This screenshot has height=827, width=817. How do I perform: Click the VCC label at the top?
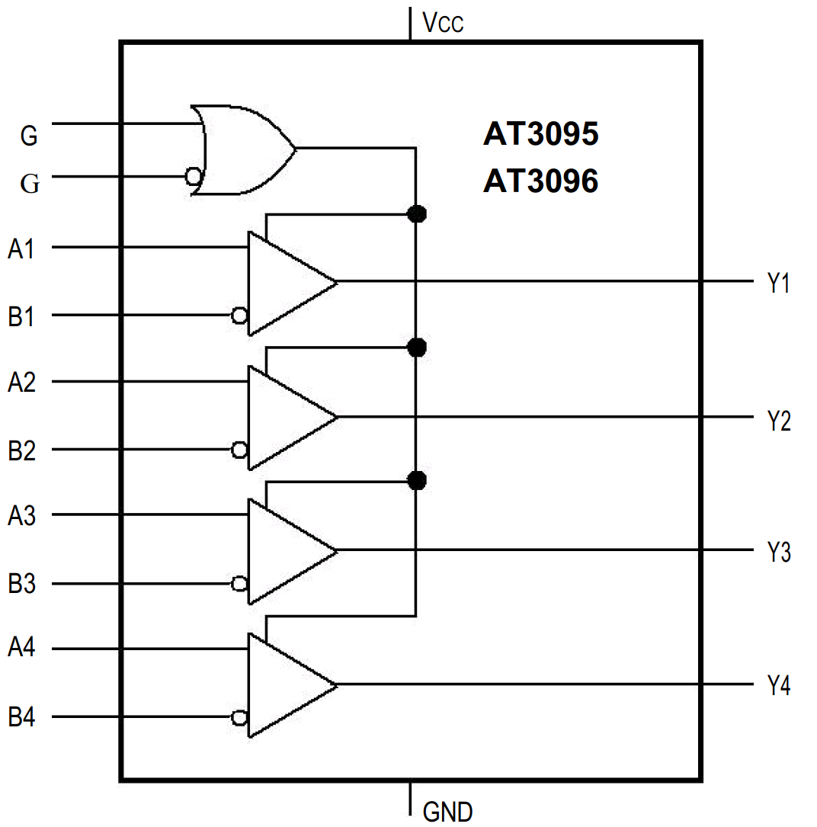pos(443,23)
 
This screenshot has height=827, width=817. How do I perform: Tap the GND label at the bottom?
pos(447,811)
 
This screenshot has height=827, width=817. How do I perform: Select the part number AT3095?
pos(540,135)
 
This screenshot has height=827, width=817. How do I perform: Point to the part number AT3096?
pos(540,181)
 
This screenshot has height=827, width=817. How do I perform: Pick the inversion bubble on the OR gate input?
pos(194,177)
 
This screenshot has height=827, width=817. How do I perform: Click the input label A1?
pos(21,248)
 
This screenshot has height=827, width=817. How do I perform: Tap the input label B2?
pos(21,450)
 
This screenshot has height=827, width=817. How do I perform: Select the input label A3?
pos(21,516)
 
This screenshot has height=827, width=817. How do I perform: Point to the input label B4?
pos(21,718)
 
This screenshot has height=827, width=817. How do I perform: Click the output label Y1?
pos(778,284)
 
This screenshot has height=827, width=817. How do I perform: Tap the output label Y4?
pos(778,686)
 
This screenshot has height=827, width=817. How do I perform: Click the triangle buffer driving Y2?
pos(286,417)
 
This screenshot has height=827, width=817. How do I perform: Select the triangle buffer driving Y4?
pos(286,684)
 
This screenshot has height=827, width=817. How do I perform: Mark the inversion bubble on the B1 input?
pos(239,315)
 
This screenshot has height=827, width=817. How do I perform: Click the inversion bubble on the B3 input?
pos(239,584)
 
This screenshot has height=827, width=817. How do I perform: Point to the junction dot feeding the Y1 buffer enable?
pos(416,214)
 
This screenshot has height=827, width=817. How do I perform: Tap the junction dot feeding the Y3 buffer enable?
pos(416,480)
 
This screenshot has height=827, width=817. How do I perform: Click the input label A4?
pos(21,649)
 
